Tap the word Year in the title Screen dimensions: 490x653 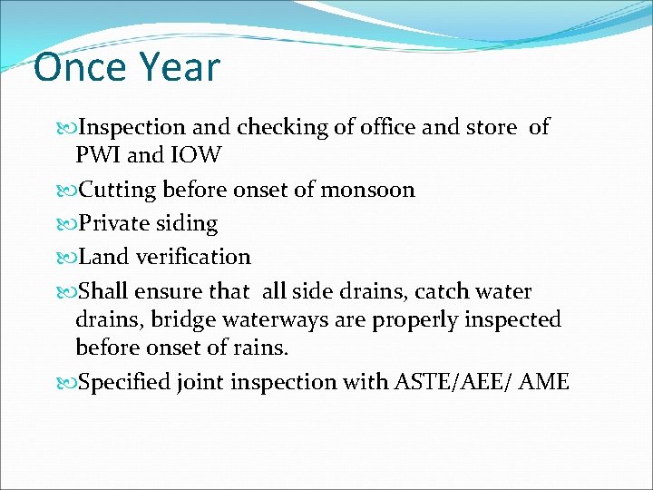180,68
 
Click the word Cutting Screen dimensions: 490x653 118,190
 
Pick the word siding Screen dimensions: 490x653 189,224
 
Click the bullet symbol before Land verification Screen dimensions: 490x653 69,258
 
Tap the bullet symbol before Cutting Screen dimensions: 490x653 69,191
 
